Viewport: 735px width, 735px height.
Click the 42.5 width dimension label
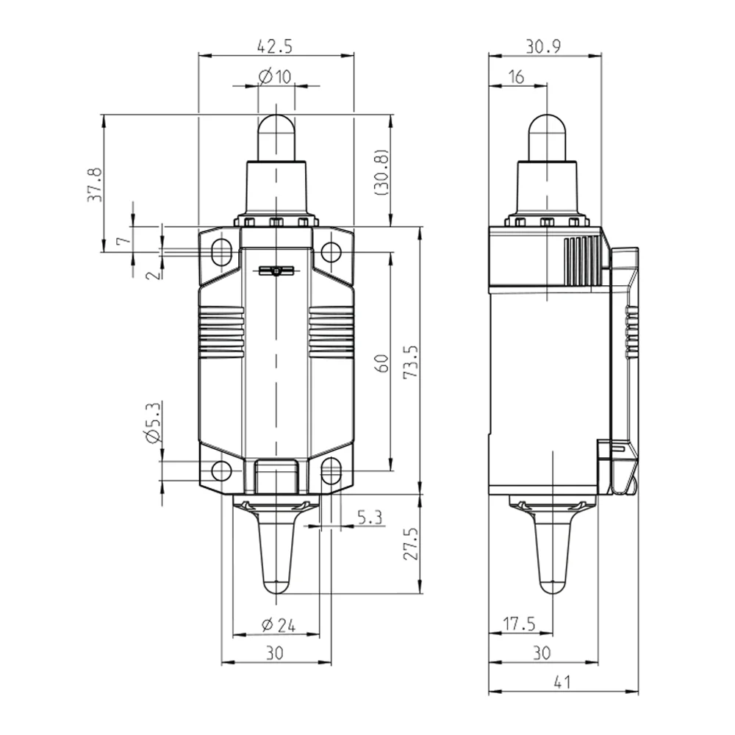[x=275, y=46]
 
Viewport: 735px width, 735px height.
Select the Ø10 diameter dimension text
[x=275, y=76]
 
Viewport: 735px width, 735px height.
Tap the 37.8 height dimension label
[x=95, y=184]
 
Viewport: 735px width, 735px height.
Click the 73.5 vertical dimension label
[x=411, y=362]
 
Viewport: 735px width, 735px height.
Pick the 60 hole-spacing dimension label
[x=383, y=364]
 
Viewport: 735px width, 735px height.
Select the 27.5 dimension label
[x=411, y=544]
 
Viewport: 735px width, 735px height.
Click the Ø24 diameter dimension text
[x=279, y=625]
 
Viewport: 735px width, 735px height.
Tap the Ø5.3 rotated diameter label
[x=154, y=423]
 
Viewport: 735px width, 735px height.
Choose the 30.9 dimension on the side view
[x=543, y=46]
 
